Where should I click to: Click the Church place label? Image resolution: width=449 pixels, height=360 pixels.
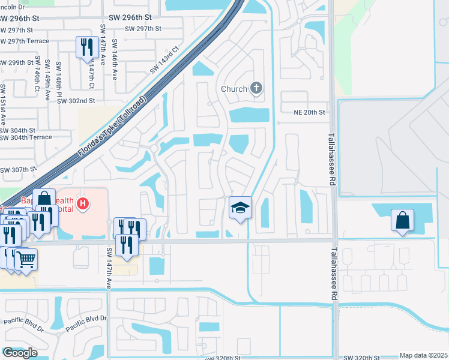[x=234, y=89]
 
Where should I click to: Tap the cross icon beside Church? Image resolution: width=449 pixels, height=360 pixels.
[x=256, y=89]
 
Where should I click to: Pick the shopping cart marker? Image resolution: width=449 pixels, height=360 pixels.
[x=25, y=260]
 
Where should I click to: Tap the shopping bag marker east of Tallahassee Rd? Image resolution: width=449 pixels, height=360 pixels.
[x=402, y=220]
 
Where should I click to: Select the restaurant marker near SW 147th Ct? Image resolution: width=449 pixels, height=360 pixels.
[x=87, y=47]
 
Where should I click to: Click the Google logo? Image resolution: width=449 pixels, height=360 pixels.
[x=20, y=352]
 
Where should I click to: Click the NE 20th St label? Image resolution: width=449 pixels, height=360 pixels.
[x=309, y=112]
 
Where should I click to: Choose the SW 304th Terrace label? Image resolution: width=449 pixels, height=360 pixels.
[x=26, y=137]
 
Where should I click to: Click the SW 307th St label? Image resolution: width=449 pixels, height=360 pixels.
[x=17, y=170]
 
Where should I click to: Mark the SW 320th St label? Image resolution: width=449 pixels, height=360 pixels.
[x=222, y=357]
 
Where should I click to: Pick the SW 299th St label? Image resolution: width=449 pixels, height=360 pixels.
[x=17, y=62]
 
